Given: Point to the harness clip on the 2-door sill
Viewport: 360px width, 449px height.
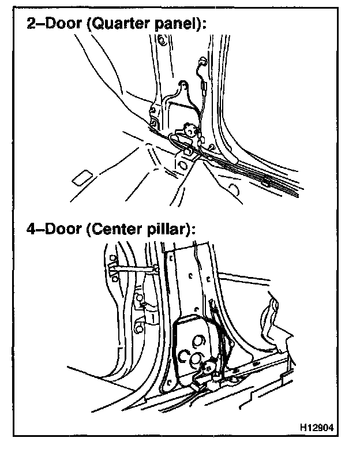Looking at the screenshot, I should point(265,184).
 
